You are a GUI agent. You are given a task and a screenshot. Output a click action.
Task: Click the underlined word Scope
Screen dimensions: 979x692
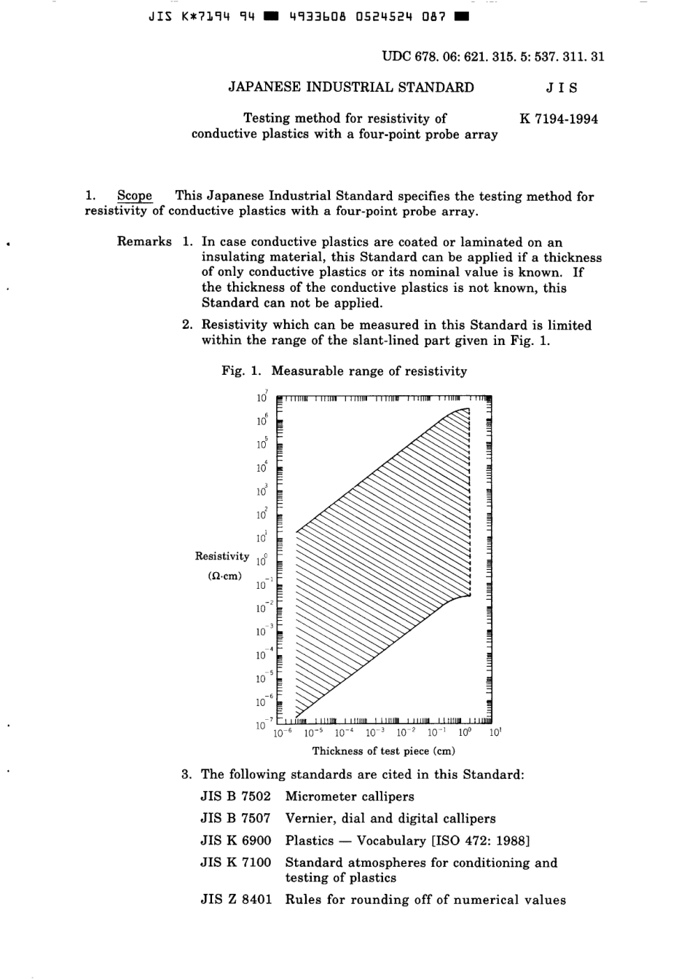pyautogui.click(x=135, y=196)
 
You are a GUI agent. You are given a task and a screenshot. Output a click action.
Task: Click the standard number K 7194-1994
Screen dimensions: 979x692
pyautogui.click(x=559, y=119)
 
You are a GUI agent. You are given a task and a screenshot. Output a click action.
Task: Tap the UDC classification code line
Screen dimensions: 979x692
pyautogui.click(x=493, y=56)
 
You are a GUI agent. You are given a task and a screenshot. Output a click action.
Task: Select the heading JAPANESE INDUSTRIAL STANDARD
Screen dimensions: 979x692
pyautogui.click(x=351, y=87)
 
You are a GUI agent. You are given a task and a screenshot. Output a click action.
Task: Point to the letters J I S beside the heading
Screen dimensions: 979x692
pyautogui.click(x=561, y=88)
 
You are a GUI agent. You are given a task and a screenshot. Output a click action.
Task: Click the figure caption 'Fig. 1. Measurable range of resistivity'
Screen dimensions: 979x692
pyautogui.click(x=344, y=371)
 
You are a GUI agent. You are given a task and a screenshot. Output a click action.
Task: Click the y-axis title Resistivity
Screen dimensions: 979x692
pyautogui.click(x=221, y=556)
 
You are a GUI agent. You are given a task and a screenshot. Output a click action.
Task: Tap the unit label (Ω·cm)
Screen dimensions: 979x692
pyautogui.click(x=224, y=576)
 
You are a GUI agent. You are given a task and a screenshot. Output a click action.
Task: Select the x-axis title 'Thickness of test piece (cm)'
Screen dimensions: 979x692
pyautogui.click(x=383, y=750)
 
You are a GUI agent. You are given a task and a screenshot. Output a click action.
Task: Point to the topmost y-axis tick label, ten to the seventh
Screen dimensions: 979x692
pyautogui.click(x=262, y=397)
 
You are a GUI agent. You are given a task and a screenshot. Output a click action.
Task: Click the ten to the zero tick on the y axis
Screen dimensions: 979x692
pyautogui.click(x=262, y=560)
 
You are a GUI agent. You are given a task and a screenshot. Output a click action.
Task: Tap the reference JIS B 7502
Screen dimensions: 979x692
pyautogui.click(x=235, y=796)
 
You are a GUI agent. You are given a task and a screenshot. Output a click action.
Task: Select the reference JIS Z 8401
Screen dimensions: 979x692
pyautogui.click(x=235, y=900)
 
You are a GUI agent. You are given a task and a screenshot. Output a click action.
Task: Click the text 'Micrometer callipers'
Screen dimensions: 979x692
pyautogui.click(x=350, y=796)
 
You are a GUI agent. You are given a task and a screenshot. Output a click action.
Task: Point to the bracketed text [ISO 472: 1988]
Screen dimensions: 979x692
pyautogui.click(x=481, y=841)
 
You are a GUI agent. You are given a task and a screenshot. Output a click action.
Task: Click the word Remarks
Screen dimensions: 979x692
pyautogui.click(x=144, y=242)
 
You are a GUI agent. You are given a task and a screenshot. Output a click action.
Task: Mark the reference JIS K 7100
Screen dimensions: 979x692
pyautogui.click(x=235, y=863)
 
